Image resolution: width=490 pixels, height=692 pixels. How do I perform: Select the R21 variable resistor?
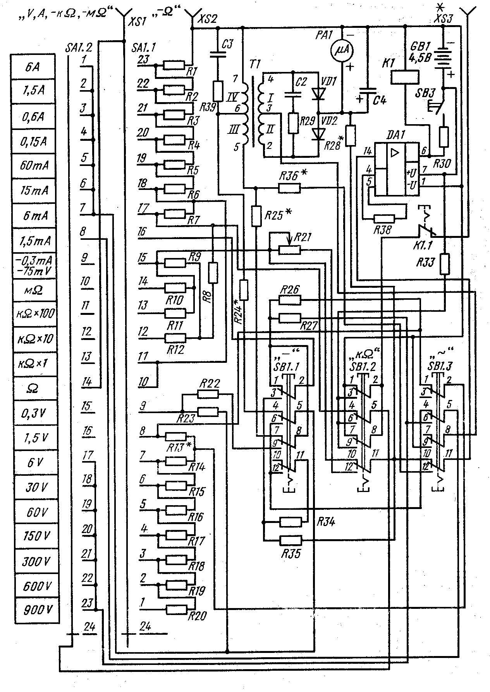point(290,250)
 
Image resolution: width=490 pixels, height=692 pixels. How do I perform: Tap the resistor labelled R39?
point(218,91)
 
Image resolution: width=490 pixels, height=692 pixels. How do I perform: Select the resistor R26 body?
point(290,300)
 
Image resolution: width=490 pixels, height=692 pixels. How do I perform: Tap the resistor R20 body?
point(177,610)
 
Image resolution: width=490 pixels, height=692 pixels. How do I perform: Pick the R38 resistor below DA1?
point(383,219)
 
